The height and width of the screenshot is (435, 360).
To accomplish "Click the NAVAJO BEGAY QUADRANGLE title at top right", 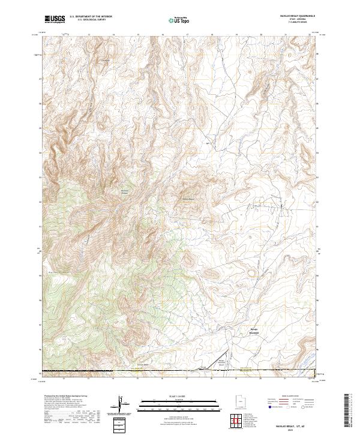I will (x=294, y=16).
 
